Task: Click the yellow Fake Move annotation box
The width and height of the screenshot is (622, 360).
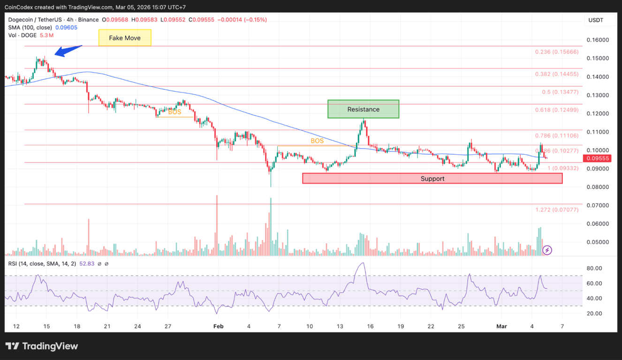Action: (x=125, y=38)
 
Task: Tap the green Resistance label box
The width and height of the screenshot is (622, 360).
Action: (x=363, y=109)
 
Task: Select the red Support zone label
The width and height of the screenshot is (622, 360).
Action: (x=432, y=179)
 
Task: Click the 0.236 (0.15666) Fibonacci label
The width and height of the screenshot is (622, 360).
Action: (x=557, y=52)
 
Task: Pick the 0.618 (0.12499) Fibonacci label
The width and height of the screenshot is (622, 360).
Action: (x=557, y=110)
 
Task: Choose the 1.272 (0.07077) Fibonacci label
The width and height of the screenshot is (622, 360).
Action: (x=557, y=210)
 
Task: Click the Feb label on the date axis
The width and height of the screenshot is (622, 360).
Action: (x=218, y=326)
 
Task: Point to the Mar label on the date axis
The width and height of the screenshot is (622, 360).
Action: (x=501, y=326)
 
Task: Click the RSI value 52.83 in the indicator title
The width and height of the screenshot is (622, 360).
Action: (x=87, y=264)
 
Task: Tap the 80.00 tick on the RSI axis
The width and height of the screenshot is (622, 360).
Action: (x=594, y=269)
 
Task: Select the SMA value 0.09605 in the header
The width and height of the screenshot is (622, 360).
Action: (x=67, y=28)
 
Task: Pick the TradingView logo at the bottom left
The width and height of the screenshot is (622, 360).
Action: (x=42, y=346)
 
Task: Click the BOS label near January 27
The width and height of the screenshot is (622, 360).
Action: (x=174, y=112)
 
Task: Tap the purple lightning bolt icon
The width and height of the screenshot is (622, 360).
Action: (x=547, y=250)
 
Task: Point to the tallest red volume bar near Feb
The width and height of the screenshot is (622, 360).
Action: (x=217, y=225)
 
